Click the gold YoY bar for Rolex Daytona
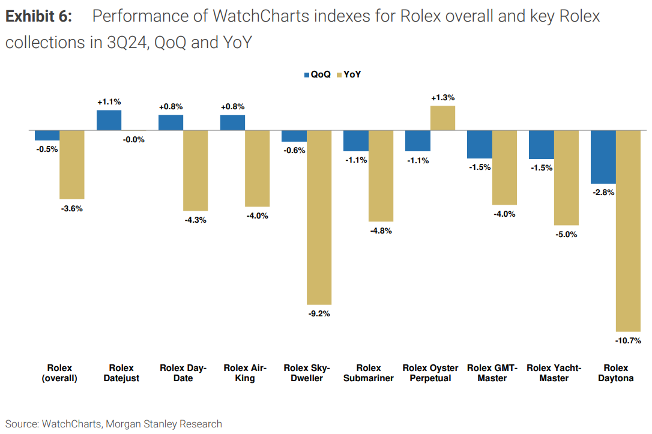click(629, 231)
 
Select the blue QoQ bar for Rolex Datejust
click(109, 120)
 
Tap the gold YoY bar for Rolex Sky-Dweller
click(319, 217)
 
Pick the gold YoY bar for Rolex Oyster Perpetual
click(442, 118)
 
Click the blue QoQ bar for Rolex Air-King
click(232, 122)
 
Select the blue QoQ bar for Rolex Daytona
click(603, 157)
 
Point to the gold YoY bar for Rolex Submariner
click(381, 176)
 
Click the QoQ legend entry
click(317, 75)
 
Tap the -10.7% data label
click(628, 340)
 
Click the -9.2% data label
click(319, 313)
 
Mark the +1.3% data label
click(442, 97)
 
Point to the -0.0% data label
click(133, 139)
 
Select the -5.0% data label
click(566, 234)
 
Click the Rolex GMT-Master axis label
click(492, 373)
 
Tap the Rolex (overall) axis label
click(59, 373)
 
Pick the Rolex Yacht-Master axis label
click(554, 373)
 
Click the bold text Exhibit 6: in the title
click(38, 16)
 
